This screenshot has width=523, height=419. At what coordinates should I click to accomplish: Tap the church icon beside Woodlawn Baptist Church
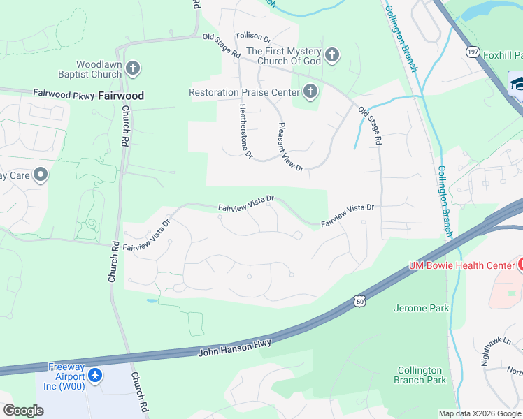pos(133,68)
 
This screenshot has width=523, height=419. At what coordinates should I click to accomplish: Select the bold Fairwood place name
pos(121,96)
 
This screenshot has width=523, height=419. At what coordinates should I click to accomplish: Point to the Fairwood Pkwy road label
pos(64,93)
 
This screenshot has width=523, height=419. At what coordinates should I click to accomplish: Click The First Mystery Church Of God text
pos(283,56)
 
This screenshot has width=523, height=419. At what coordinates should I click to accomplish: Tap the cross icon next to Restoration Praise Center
pos(309,91)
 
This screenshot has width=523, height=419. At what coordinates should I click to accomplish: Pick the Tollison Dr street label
pos(252,35)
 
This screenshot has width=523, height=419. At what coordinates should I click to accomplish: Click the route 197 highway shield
pos(473,52)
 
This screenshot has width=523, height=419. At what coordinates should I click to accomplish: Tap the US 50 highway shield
pos(359,299)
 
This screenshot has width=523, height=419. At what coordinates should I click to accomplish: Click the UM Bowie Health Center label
pos(461,265)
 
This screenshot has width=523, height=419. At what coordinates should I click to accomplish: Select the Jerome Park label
pos(422,308)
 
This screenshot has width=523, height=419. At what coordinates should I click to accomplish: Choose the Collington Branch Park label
pos(422,375)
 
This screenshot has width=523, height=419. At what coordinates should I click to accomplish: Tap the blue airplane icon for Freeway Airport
pos(95,376)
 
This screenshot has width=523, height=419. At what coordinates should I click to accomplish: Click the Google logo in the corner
pos(23,411)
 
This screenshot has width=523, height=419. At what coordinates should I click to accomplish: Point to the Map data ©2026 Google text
pos(479,413)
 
